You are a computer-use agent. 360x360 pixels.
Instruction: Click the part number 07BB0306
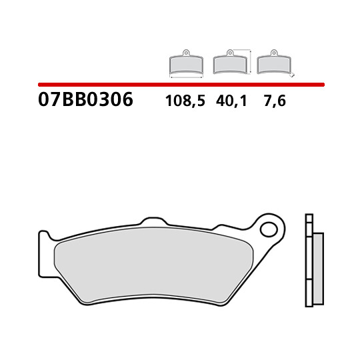[85, 99]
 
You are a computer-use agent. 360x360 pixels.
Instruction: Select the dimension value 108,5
[185, 101]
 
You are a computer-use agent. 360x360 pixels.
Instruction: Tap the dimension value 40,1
[231, 101]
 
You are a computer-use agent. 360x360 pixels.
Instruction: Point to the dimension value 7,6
[275, 101]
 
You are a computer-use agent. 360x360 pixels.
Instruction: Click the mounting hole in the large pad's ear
[269, 229]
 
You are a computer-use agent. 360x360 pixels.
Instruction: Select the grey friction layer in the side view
[318, 269]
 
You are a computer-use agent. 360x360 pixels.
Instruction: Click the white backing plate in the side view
[309, 260]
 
